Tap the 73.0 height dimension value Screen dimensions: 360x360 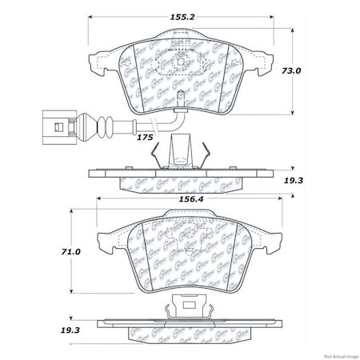[x=311, y=70]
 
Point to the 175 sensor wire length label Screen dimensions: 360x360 [x=145, y=138]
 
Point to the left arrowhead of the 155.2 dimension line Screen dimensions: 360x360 [x=90, y=16]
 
